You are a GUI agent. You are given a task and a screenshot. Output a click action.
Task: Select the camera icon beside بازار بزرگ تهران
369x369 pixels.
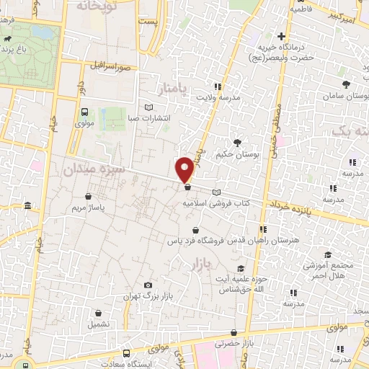pyautogui.click(x=148, y=285)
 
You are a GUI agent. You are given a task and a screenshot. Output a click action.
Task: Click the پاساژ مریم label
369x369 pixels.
pyautogui.click(x=89, y=208)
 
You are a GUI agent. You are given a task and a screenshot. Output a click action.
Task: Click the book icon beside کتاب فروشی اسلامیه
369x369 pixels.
pyautogui.click(x=217, y=192)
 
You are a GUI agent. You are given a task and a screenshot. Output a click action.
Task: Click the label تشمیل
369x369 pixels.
pyautogui.click(x=99, y=324)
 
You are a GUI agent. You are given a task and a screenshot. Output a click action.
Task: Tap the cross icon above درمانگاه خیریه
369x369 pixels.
pyautogui.click(x=282, y=36)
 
